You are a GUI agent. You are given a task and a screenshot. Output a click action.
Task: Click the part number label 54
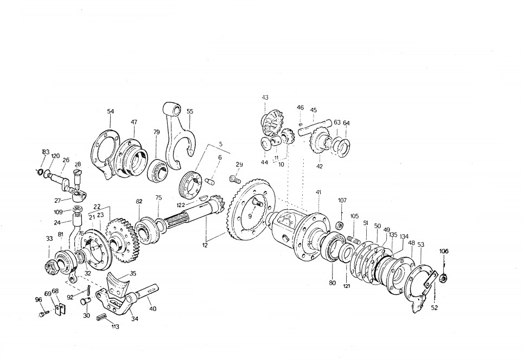(x=110, y=111)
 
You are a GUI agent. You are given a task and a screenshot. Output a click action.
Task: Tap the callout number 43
(x=265, y=98)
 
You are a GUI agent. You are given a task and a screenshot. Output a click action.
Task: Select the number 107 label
(x=342, y=201)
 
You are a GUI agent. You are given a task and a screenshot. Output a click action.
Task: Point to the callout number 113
(x=114, y=327)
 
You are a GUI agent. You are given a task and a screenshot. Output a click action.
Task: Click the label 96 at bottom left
(x=39, y=300)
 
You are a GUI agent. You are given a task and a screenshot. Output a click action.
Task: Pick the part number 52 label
(x=434, y=308)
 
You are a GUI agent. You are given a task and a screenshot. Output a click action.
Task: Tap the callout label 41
(x=318, y=192)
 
